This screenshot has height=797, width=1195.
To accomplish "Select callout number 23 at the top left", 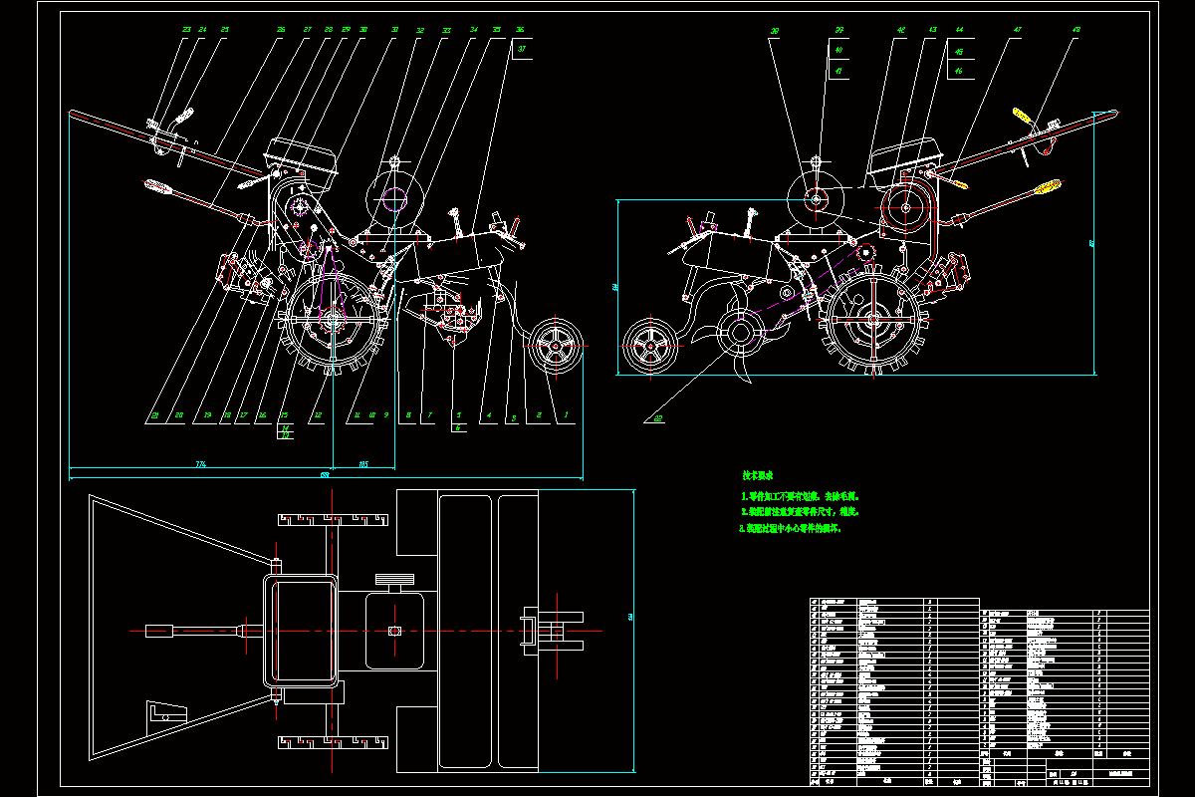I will [x=186, y=30].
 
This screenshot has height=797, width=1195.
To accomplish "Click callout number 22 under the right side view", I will [x=658, y=417].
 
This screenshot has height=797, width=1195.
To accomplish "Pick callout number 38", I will [x=775, y=30].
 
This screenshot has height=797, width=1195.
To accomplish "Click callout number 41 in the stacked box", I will [x=838, y=71].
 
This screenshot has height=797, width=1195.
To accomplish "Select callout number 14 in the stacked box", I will [x=286, y=426].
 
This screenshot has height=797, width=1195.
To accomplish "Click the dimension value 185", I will [x=362, y=464].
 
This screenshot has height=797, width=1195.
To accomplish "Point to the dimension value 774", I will [x=201, y=464].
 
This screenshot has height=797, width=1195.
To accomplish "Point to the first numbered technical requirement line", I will [x=800, y=495].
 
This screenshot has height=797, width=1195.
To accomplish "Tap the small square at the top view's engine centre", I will [x=394, y=630].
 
